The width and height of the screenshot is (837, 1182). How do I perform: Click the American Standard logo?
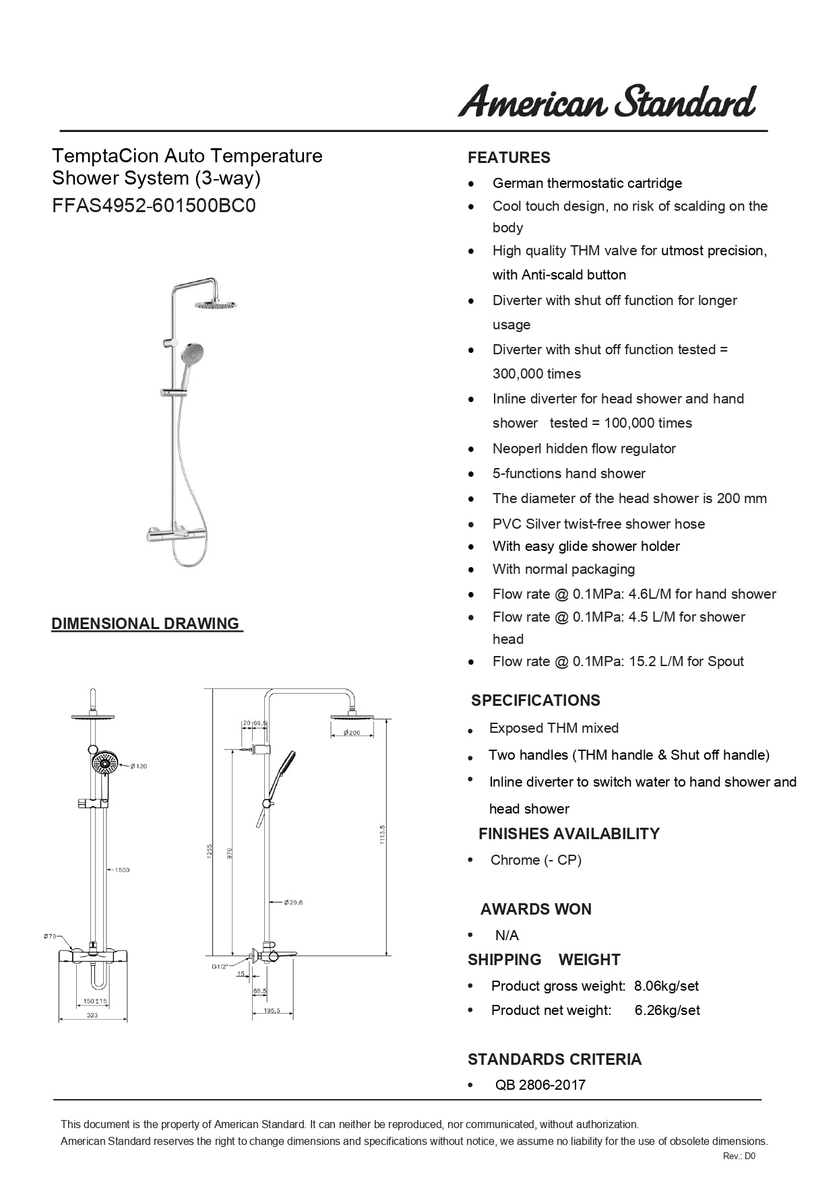(x=607, y=102)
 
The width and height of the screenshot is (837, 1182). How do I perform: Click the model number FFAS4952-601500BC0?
(x=154, y=205)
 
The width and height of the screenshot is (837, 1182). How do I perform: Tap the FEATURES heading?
(x=509, y=158)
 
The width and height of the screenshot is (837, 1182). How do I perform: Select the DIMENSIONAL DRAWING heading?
(x=146, y=624)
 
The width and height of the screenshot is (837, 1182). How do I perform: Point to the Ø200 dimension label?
(x=352, y=733)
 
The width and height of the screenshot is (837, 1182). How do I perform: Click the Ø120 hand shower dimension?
(x=139, y=766)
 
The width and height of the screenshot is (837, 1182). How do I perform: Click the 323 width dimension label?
(x=92, y=1015)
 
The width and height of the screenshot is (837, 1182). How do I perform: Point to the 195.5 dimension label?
(x=272, y=1010)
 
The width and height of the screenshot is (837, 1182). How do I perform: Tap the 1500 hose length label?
(x=121, y=870)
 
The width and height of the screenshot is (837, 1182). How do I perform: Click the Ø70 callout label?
(x=50, y=936)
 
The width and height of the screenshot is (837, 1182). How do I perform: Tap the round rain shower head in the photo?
(x=216, y=305)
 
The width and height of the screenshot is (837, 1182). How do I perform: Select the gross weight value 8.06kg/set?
(x=666, y=986)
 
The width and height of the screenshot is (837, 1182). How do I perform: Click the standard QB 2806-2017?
(x=540, y=1084)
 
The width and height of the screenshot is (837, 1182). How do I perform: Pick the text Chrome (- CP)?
(x=536, y=860)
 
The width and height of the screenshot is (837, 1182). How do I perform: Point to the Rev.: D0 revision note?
(x=739, y=1156)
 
